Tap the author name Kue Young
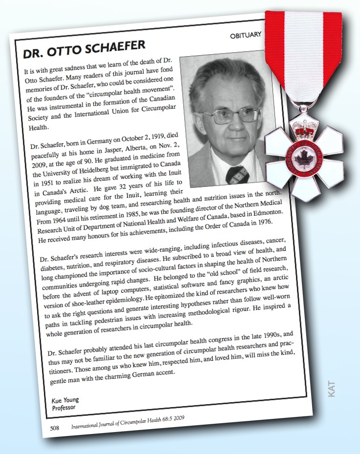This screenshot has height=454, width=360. tap(65, 400)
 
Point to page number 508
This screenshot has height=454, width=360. tap(55, 428)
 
